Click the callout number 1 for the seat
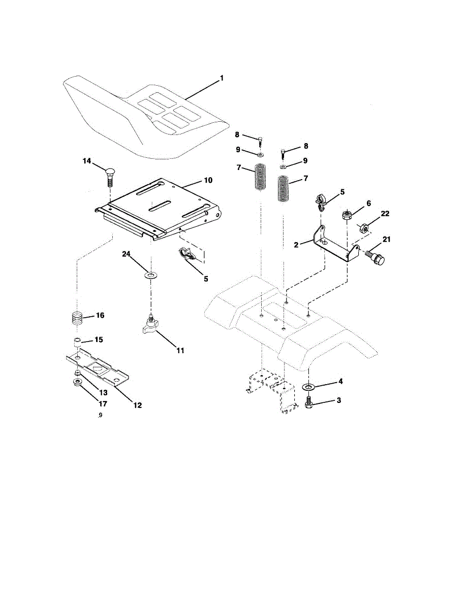click(222, 78)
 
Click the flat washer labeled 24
click(151, 275)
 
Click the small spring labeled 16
click(76, 319)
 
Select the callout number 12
click(137, 405)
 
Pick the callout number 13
click(103, 393)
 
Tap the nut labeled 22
click(364, 228)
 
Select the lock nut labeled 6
click(347, 215)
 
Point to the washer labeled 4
click(308, 387)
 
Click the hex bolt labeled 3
click(308, 402)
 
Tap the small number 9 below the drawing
click(101, 415)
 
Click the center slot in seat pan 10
click(161, 206)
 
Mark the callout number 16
click(100, 316)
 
